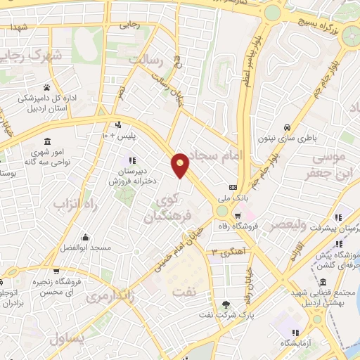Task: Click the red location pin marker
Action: pyautogui.click(x=181, y=165)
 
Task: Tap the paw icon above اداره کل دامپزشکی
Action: pyautogui.click(x=47, y=88)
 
